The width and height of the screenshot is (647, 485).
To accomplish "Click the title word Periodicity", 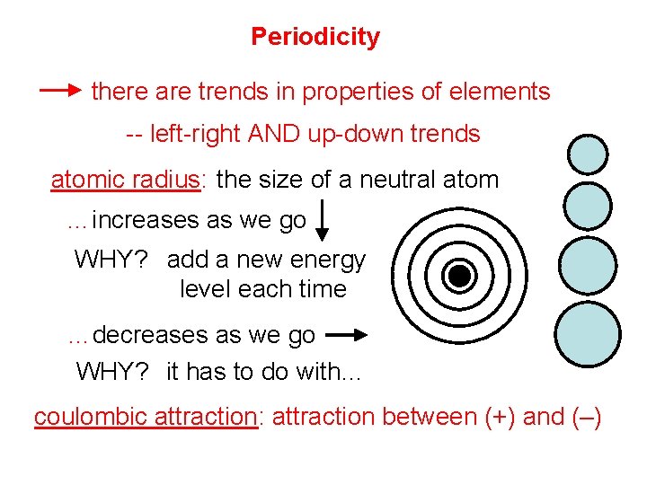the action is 315,38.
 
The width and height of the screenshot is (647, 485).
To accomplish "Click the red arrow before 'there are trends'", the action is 60,90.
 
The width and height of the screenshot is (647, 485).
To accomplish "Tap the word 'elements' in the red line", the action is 500,91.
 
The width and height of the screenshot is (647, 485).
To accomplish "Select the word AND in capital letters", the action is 273,134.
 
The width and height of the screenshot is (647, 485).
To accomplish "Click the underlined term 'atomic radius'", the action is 126,180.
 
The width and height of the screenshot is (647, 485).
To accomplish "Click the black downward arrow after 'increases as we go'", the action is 322,220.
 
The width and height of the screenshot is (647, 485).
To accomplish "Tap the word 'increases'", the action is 146,220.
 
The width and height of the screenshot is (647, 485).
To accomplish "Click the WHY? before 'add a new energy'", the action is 111,260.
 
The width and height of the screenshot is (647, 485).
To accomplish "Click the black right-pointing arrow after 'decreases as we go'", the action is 347,335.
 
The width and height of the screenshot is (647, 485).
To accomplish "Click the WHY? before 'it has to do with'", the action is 112,371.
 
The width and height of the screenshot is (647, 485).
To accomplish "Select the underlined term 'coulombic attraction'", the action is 146,417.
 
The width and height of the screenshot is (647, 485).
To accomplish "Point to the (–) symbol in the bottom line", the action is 586,417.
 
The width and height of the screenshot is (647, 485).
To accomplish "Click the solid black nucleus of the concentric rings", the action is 459,276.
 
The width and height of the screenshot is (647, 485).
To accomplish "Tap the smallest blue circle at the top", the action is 588,154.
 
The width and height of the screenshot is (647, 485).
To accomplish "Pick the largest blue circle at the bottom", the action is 588,334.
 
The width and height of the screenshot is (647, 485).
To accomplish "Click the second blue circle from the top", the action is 588,206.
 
